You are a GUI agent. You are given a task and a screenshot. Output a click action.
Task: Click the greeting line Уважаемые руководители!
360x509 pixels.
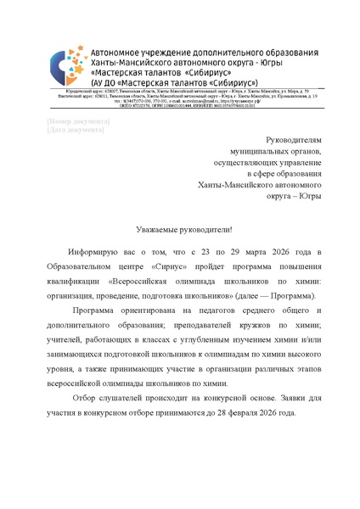click(179, 230)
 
